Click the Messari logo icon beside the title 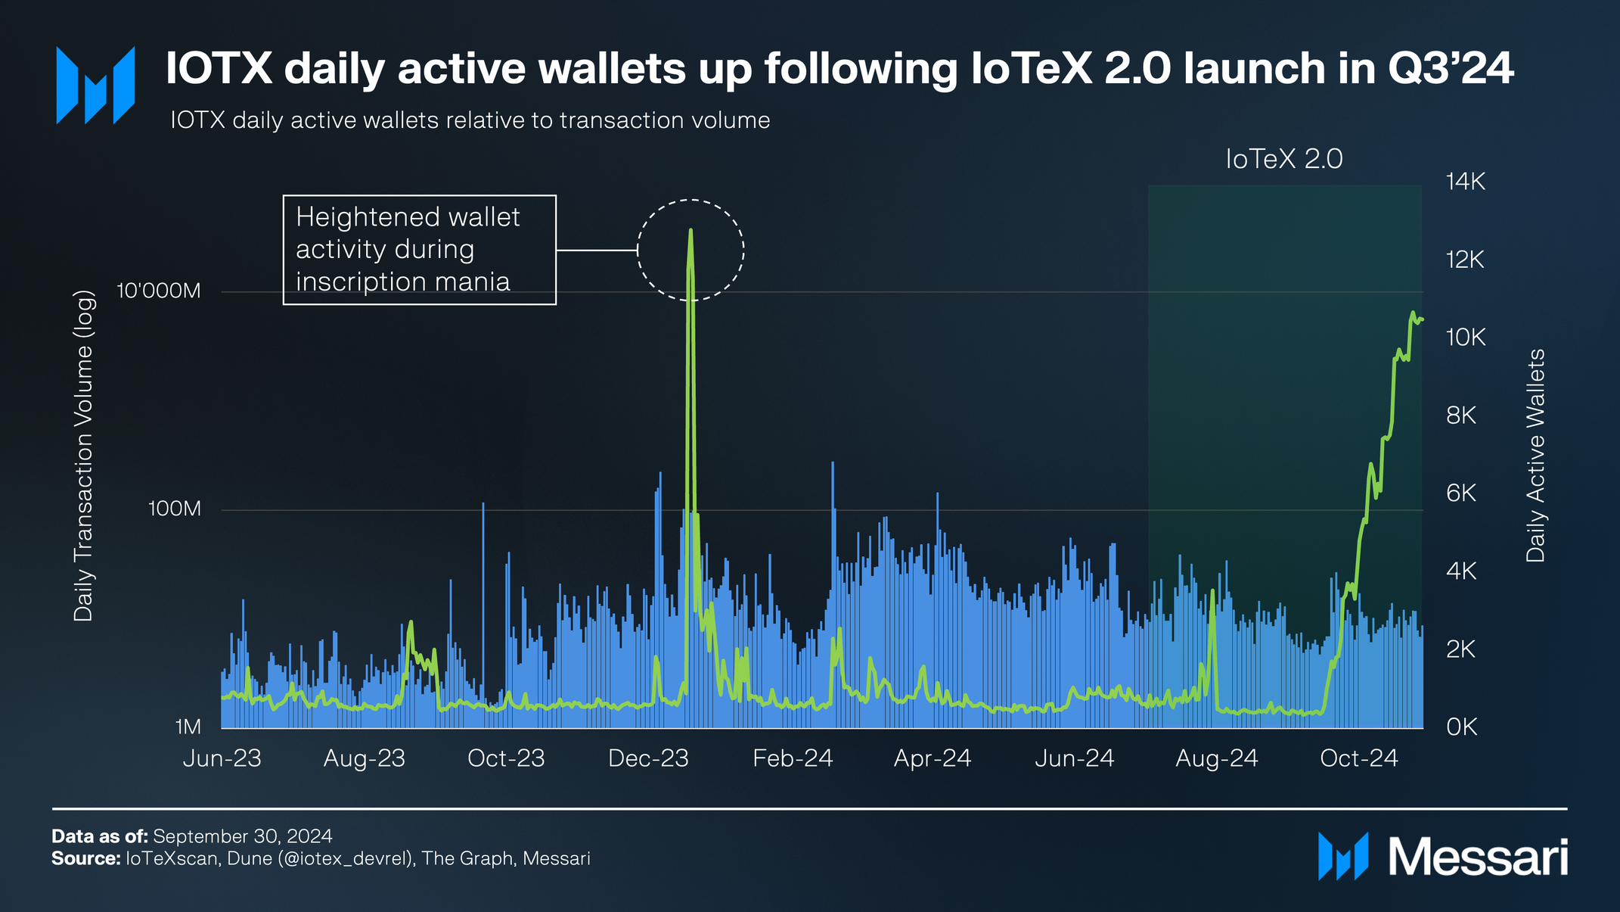coord(95,85)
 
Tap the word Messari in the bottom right coord(1478,858)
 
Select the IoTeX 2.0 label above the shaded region coord(1284,159)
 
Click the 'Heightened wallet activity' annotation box coord(420,250)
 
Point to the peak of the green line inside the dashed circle coord(691,230)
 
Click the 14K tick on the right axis coord(1465,182)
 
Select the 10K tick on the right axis coord(1465,338)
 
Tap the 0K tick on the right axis coord(1461,727)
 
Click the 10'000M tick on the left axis coord(159,291)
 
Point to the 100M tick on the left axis coord(175,509)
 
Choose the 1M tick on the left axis coord(188,727)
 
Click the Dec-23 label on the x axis coord(649,758)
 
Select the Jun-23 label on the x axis coord(222,758)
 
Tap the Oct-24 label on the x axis coord(1359,758)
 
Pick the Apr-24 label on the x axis coord(933,758)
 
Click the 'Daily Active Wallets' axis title coord(1535,456)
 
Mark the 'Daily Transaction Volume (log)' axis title coord(83,456)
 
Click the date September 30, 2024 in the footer coord(243,836)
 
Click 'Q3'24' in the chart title coord(1451,69)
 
